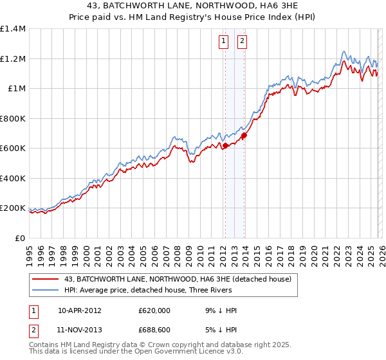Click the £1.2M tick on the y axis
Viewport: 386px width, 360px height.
13,59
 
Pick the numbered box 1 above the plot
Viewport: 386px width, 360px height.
223,41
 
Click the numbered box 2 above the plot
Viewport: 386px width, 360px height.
242,41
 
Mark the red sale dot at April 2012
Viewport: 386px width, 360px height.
225,146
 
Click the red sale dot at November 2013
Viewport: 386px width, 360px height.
244,136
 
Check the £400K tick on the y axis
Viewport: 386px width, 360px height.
13,179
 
